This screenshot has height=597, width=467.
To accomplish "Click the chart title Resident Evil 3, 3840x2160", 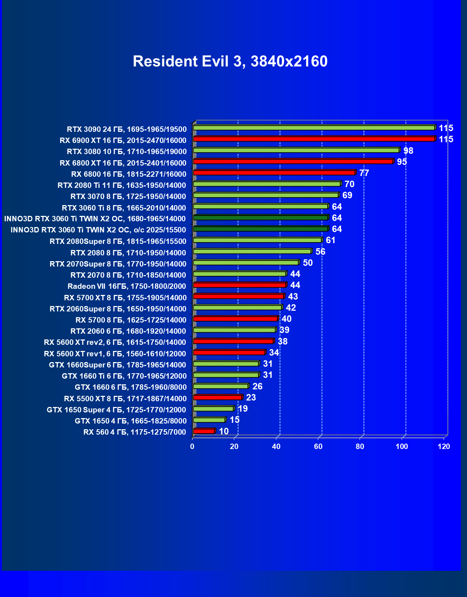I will (230, 61).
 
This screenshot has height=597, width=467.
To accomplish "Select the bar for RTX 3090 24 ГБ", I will (314, 128).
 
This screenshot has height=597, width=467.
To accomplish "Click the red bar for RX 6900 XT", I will (314, 139).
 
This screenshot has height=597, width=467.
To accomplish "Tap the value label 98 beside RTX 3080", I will (408, 151).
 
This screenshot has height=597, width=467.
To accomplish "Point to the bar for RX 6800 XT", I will (293, 161).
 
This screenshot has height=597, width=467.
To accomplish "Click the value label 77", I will (364, 173).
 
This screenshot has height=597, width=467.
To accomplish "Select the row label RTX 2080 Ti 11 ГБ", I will (122, 185).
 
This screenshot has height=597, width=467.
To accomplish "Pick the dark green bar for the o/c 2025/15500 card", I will (260, 228).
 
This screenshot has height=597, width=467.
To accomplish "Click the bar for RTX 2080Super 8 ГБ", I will (257, 240).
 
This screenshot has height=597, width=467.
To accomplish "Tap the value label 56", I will (320, 252).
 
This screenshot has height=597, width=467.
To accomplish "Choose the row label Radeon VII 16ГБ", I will (127, 286).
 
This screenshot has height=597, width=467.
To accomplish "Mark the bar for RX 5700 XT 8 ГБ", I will (239, 296).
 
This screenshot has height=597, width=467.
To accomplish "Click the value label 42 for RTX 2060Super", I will (291, 308).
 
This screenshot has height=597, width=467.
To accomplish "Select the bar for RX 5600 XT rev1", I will (229, 352).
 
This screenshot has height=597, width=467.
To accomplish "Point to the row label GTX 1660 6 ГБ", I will (131, 387).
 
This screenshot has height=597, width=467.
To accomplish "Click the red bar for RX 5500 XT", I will (218, 397).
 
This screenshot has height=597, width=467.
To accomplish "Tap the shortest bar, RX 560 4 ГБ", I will (204, 431).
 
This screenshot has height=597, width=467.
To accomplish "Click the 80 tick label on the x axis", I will (360, 446).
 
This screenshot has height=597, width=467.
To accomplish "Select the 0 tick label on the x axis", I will (192, 446).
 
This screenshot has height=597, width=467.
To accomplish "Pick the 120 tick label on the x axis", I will (444, 446).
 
